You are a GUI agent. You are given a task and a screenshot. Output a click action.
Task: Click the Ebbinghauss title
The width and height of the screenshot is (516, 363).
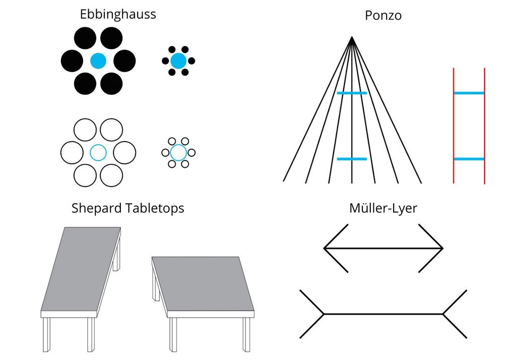[x=118, y=15]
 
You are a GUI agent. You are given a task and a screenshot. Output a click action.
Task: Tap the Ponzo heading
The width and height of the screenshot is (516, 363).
[x=383, y=16]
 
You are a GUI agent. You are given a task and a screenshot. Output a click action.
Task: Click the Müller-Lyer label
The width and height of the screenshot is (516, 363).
[x=383, y=208]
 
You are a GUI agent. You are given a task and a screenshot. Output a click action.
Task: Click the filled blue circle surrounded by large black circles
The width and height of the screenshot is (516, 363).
[x=98, y=61]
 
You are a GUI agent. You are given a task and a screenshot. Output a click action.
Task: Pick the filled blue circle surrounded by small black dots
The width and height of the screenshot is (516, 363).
[x=178, y=61]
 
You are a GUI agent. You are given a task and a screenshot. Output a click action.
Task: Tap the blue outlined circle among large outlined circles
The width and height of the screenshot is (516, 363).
[x=98, y=153]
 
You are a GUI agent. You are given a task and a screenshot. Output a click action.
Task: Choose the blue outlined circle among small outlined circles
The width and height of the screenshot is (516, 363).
[x=178, y=153]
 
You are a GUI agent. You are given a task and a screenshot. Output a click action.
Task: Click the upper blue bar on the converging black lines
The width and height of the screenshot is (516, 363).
[x=352, y=93]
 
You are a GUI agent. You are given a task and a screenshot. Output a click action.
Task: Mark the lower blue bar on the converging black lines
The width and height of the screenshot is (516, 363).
[x=352, y=159]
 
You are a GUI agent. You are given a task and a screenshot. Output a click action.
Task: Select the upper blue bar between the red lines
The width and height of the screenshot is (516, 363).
[x=469, y=93]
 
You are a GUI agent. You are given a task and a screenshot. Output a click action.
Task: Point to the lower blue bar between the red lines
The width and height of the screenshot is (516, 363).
[x=469, y=159]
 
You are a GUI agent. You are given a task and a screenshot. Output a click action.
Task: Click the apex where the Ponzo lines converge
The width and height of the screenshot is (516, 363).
[x=352, y=37]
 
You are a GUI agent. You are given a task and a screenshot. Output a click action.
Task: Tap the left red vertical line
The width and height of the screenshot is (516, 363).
[x=454, y=126]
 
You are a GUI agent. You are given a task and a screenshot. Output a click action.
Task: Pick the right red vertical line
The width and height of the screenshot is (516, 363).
[x=484, y=126]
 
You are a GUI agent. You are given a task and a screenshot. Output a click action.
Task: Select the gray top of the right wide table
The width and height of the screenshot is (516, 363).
[x=203, y=284]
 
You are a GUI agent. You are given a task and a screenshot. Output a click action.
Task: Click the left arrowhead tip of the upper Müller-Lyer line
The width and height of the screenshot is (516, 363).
[x=324, y=249]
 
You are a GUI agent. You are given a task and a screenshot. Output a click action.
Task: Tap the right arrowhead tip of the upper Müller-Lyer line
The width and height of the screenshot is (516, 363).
[x=443, y=249]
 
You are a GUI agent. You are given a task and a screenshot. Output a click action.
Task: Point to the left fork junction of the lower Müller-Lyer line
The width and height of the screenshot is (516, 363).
[x=324, y=314]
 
